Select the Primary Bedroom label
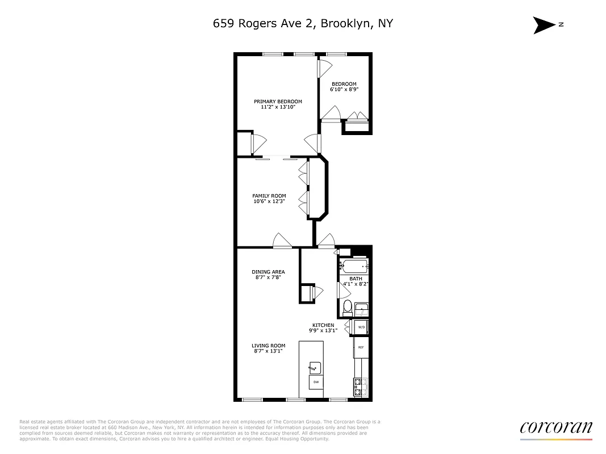point(278,104)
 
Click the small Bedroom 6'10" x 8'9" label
point(344,87)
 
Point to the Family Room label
point(269,198)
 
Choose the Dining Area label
point(268,274)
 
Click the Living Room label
point(269,348)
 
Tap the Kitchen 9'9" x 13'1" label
point(323,327)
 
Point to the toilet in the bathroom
point(347,308)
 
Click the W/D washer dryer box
point(361,327)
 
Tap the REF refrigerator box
point(361,347)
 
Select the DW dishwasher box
point(316,382)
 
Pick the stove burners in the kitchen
point(359,387)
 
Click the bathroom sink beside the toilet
point(362,309)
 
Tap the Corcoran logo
point(555,428)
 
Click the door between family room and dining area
point(282,242)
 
